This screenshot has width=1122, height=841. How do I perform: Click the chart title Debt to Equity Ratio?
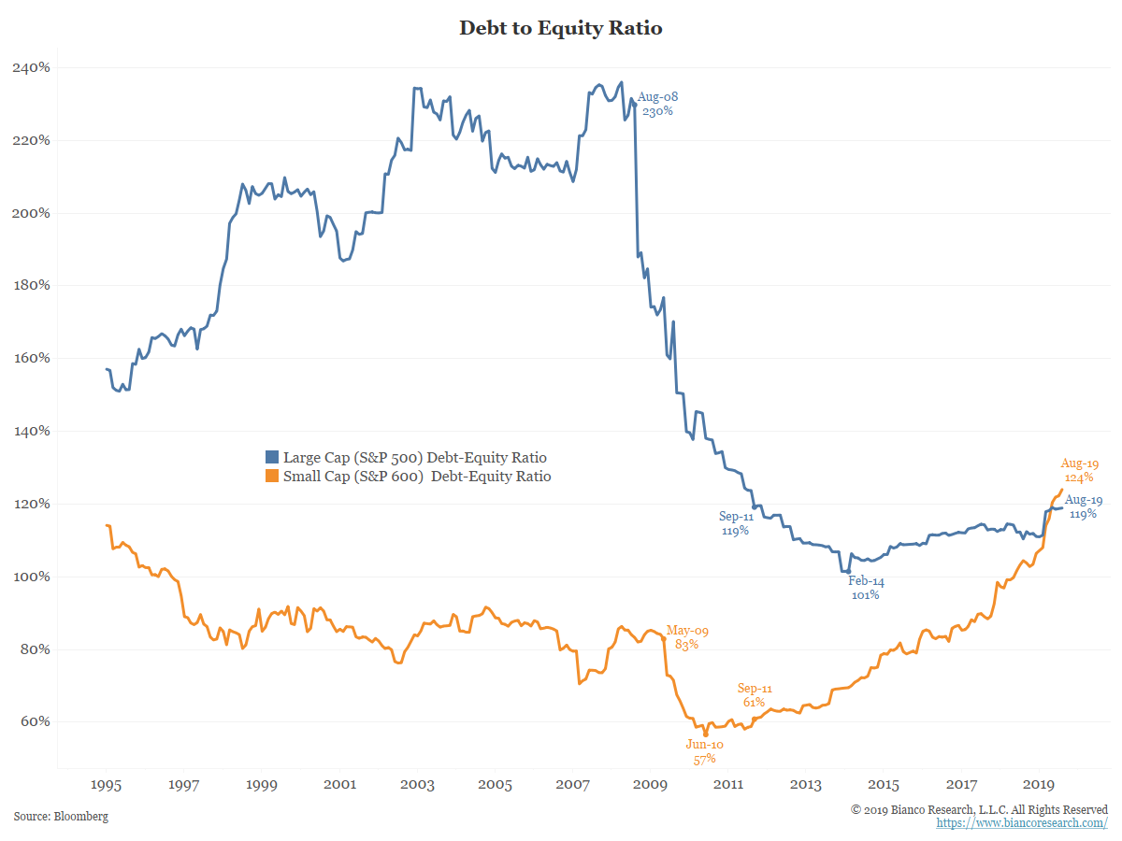(560, 28)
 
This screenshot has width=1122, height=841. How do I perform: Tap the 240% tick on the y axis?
(31, 68)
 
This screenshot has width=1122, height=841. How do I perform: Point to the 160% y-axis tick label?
(31, 358)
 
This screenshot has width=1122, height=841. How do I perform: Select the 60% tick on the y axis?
(35, 722)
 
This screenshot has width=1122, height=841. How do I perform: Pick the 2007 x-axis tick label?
(572, 784)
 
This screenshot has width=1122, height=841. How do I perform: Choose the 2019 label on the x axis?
(1039, 784)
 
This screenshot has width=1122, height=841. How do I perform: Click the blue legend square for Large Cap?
(272, 458)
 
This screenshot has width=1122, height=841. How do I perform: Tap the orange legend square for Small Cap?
(272, 477)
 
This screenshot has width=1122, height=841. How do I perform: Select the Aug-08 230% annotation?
(657, 104)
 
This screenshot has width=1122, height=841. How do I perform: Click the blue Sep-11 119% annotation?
(736, 523)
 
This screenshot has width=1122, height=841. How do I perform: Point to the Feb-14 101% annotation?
(866, 588)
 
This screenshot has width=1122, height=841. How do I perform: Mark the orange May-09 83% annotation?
(686, 637)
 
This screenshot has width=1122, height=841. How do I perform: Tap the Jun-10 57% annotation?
(704, 752)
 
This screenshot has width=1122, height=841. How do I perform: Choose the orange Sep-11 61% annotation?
(755, 695)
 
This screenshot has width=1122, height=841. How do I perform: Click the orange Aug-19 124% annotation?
(1079, 470)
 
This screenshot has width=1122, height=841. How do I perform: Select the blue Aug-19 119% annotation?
(1084, 506)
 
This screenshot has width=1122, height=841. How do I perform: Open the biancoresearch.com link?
(1022, 822)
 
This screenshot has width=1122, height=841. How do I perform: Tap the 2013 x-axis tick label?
(806, 784)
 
